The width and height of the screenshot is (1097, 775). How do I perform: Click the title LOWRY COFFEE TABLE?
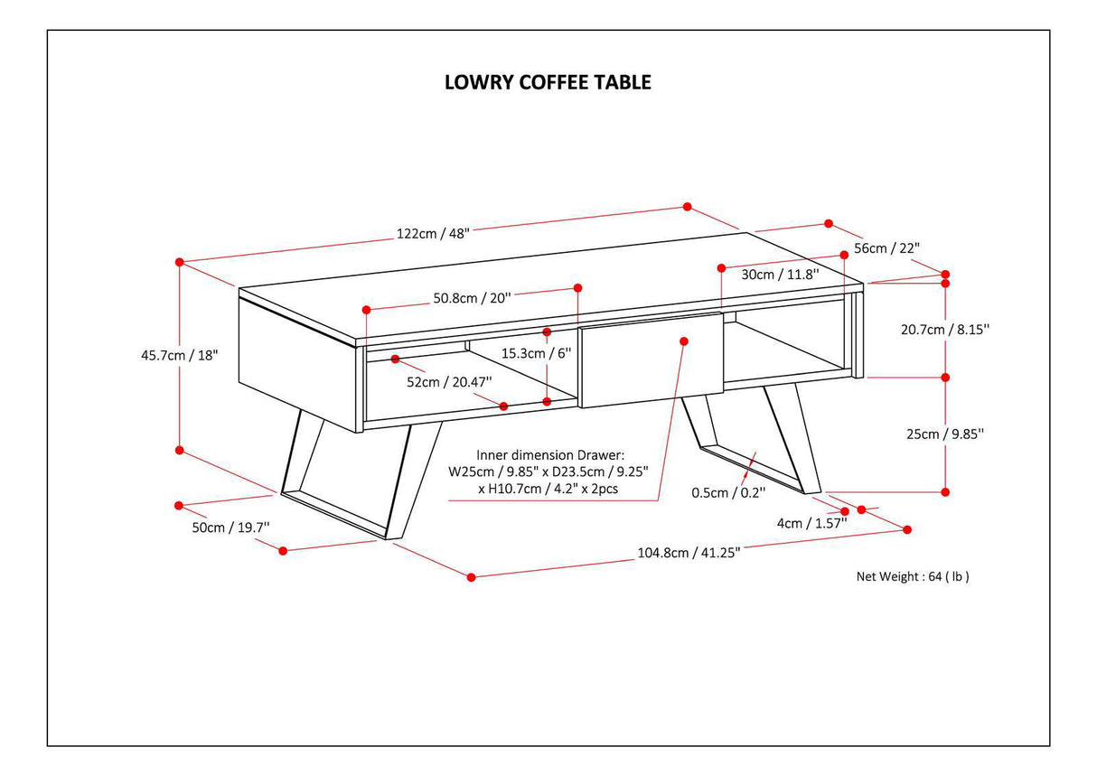tap(548, 82)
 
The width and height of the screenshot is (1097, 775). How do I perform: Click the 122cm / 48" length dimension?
tap(433, 233)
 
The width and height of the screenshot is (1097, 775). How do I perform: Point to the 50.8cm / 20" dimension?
tap(472, 297)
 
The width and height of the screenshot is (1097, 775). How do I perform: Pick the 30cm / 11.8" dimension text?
tap(780, 274)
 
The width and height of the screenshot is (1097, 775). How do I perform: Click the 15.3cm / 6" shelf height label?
tap(537, 353)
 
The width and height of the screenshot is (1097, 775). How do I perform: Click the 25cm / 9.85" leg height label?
tap(944, 434)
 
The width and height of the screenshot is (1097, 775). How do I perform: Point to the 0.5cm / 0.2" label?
tap(728, 492)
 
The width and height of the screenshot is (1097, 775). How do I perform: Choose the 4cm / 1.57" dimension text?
tap(811, 522)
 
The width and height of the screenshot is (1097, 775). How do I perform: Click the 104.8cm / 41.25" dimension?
tap(689, 553)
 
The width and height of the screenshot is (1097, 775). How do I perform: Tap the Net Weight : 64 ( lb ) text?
tap(913, 576)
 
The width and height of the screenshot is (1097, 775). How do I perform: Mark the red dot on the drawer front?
tap(683, 341)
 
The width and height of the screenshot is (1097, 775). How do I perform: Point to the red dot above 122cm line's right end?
tap(687, 207)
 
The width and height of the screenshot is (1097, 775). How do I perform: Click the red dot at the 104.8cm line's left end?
tap(471, 576)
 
